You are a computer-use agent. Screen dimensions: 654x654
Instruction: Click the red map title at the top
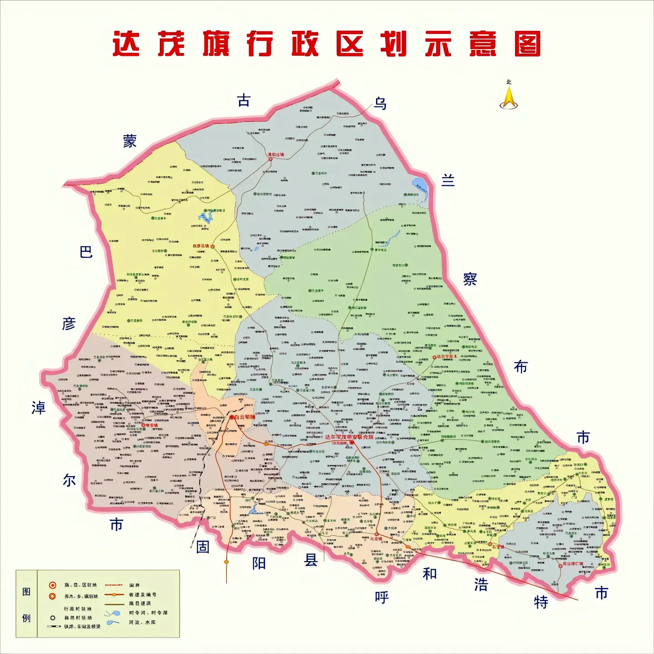[327, 44]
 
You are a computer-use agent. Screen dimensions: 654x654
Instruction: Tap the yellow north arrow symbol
[509, 97]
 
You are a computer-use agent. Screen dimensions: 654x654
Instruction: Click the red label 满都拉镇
[275, 155]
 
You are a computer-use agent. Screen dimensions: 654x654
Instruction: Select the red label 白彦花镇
[200, 246]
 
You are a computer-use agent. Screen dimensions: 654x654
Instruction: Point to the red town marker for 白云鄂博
[232, 417]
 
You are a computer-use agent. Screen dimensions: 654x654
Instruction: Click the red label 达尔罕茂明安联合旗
[349, 437]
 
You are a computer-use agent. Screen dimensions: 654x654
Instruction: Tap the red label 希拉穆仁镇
[573, 564]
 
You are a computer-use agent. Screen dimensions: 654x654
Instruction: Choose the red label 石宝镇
[498, 547]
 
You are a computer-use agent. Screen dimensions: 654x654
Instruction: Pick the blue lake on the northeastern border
[420, 186]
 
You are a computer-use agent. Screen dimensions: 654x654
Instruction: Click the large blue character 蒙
[130, 141]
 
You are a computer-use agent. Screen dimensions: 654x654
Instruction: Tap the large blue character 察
[470, 279]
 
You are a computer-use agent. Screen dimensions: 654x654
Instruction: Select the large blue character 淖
[39, 408]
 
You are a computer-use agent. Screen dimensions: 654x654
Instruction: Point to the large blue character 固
[203, 547]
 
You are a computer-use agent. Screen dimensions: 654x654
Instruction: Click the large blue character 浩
[481, 585]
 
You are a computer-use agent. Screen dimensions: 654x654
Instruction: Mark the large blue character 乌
[380, 104]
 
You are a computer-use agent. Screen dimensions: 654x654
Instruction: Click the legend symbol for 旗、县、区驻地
[53, 585]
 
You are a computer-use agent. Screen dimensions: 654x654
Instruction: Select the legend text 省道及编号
[142, 595]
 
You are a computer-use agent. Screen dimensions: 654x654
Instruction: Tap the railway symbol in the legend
[54, 627]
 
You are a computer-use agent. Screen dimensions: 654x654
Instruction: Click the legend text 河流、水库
[142, 622]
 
